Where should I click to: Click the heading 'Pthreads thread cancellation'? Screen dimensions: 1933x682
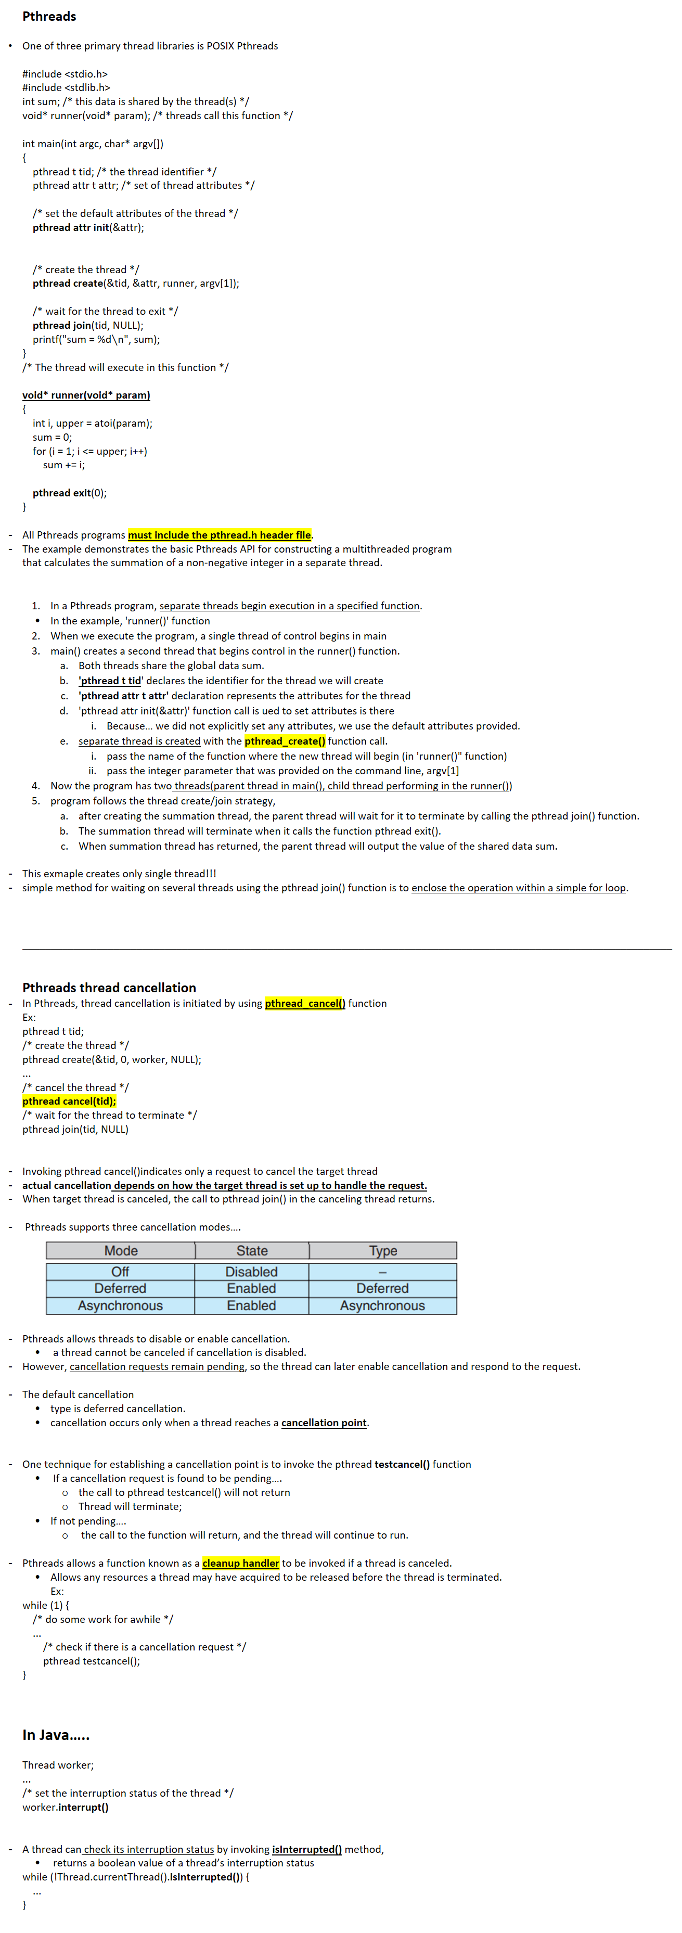coord(109,988)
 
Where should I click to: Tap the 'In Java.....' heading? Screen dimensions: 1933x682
coord(56,1734)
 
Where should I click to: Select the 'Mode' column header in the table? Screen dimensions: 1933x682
coord(121,1250)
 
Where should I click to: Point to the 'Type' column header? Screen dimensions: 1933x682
coord(383,1250)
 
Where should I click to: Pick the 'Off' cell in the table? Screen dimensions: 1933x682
coord(120,1271)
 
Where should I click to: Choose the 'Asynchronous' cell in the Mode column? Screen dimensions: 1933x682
coord(120,1305)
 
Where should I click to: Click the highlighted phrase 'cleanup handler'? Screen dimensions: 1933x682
coord(241,1563)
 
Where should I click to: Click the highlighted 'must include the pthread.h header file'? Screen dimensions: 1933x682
coord(219,534)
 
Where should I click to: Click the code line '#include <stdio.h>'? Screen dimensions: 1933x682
coord(65,73)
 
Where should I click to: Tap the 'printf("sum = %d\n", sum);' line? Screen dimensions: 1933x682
coord(96,339)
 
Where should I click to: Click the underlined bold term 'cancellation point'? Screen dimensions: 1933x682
coord(324,1422)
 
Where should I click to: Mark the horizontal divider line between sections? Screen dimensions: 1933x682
coord(346,949)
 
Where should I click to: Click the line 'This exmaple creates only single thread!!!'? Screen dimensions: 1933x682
coord(119,874)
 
